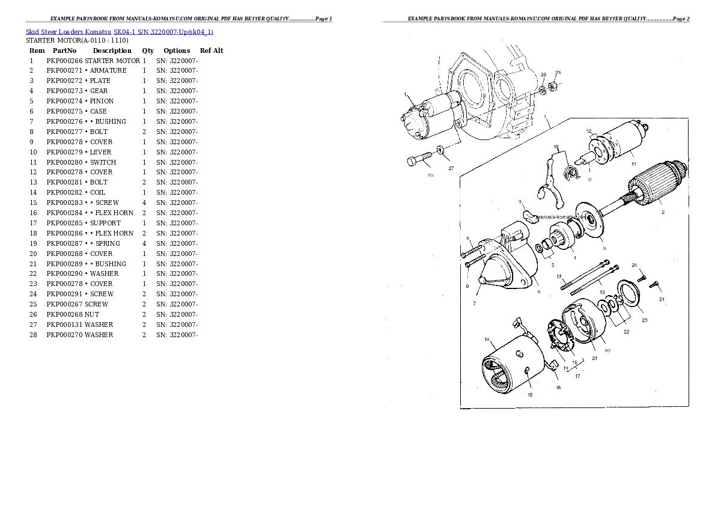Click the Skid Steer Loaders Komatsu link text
(119, 31)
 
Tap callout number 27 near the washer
(451, 169)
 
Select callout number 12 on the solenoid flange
(589, 131)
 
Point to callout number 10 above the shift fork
(556, 147)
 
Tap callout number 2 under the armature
(663, 212)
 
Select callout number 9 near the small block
(519, 201)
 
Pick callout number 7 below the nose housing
(474, 303)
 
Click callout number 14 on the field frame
(487, 339)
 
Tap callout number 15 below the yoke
(530, 395)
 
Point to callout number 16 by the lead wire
(558, 388)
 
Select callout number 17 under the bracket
(577, 376)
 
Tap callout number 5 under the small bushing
(553, 264)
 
